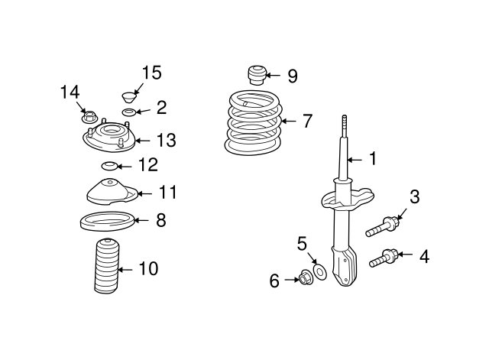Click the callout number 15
coord(151,73)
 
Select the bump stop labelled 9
coord(257,75)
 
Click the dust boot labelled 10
coord(107,266)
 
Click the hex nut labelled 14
coord(89,117)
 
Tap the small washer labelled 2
coord(128,112)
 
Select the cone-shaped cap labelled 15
coord(129,97)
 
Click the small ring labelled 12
coord(110,166)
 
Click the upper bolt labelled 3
coord(382,227)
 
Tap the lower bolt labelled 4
coord(384,258)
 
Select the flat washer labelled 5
coord(319,271)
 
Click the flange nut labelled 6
coord(306,277)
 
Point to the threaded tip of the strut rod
coord(345,121)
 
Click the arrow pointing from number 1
coord(355,160)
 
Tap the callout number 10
coord(148,268)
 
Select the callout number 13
coord(167,140)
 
